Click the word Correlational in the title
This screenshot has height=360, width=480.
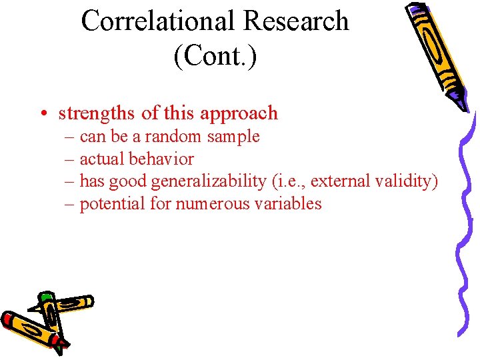(158, 21)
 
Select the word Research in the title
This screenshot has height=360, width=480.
(295, 21)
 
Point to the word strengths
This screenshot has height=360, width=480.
(97, 114)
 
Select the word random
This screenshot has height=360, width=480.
(171, 137)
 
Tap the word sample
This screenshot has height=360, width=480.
(233, 137)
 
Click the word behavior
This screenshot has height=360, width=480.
(161, 159)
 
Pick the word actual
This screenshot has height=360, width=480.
(102, 159)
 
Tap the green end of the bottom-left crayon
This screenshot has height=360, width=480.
(45, 297)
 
